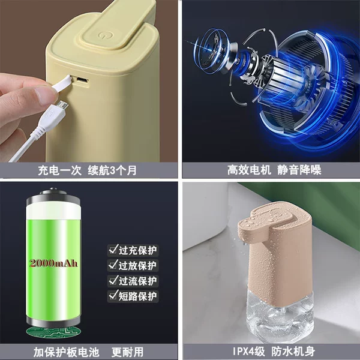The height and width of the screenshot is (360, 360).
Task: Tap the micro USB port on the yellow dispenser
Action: [82, 80]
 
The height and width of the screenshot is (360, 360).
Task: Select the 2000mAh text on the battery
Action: [53, 263]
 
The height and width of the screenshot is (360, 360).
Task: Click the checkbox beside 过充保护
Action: [113, 250]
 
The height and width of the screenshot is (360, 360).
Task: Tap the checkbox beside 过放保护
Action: [113, 265]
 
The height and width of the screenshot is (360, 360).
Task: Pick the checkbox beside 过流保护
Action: [113, 280]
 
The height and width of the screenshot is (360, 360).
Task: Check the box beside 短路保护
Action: [113, 295]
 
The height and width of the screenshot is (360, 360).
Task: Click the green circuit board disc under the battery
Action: [53, 331]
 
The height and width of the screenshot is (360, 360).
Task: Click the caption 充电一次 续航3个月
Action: [87, 170]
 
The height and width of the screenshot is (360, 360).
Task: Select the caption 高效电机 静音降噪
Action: [274, 170]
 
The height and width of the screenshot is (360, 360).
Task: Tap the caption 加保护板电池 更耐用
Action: [88, 352]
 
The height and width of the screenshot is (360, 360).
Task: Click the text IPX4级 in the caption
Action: [249, 352]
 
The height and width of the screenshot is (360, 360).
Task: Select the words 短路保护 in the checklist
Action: [137, 296]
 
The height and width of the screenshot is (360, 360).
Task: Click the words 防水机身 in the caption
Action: [293, 352]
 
